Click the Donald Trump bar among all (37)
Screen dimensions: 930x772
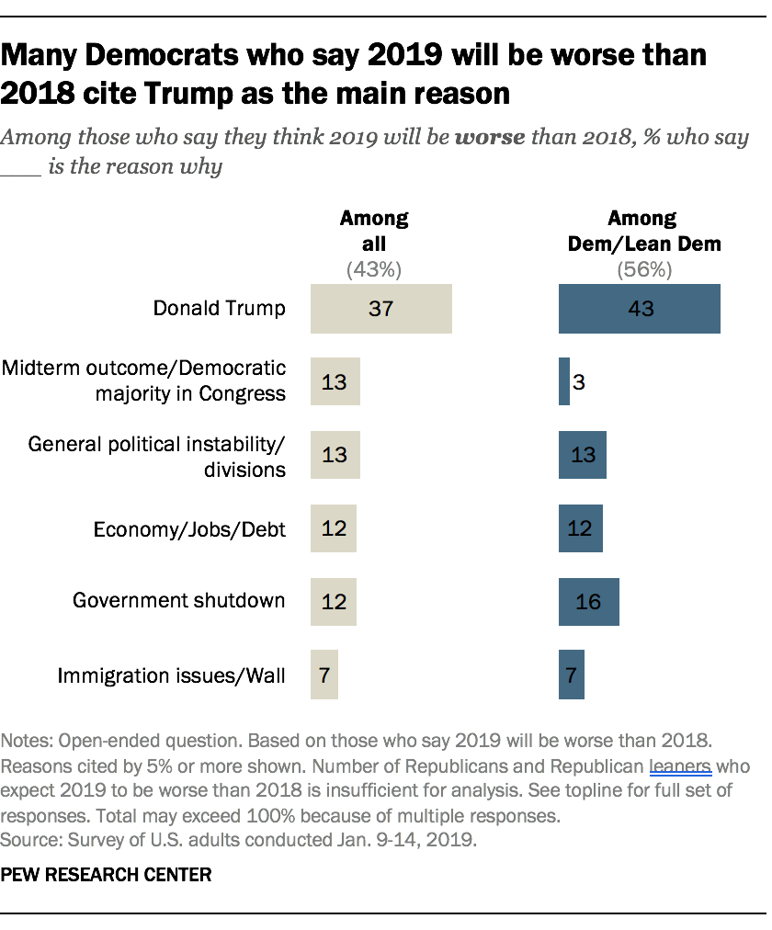click(x=380, y=308)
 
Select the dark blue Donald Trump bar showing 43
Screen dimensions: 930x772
click(x=640, y=308)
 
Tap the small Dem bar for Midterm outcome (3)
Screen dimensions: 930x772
click(x=564, y=381)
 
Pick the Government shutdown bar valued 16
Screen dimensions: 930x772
click(x=588, y=602)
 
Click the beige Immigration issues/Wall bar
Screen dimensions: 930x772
click(x=324, y=675)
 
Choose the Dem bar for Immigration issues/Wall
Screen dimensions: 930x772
click(x=571, y=675)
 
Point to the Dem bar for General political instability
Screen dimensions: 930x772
click(x=582, y=455)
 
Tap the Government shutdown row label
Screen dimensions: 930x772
click(x=179, y=601)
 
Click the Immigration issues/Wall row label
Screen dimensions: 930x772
click(x=172, y=675)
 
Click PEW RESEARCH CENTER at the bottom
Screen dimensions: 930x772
click(x=107, y=875)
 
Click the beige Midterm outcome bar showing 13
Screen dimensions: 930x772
click(x=335, y=381)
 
